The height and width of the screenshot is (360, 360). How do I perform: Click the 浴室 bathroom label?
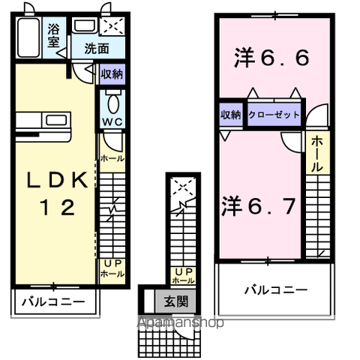54,36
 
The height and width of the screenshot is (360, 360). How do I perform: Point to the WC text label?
112,121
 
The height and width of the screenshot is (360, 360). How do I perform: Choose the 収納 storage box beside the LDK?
112,74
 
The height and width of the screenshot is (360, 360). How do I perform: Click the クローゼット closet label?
275,115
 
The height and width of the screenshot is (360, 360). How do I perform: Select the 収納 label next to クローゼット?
231,115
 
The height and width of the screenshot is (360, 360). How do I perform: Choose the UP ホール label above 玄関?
184,275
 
